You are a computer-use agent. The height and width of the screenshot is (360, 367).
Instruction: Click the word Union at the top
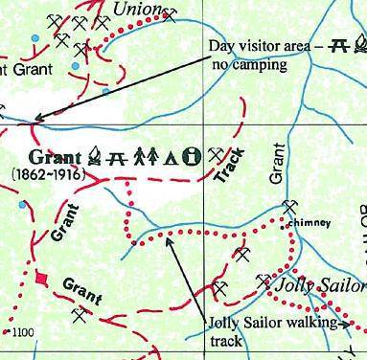[134, 9]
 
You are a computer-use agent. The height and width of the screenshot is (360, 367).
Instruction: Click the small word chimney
[309, 223]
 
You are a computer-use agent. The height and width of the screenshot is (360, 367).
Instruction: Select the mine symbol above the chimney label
[290, 208]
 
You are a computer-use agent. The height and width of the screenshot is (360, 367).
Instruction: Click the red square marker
[40, 279]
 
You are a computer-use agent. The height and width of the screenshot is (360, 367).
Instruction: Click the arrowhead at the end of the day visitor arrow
[35, 120]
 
